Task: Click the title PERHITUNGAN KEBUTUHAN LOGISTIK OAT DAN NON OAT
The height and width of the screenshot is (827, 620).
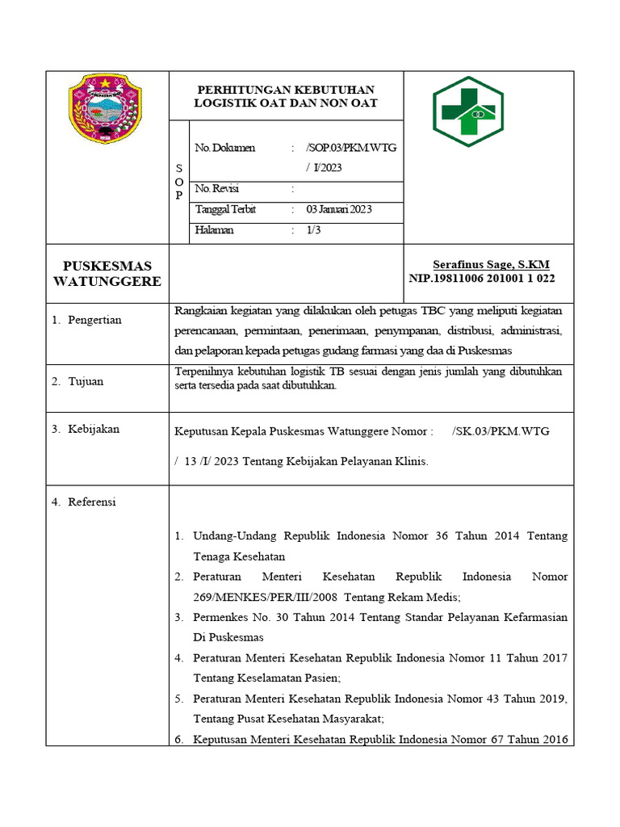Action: point(286,97)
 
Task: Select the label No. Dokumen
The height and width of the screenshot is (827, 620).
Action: point(225,148)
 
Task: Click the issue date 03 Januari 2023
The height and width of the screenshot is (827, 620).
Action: point(339,209)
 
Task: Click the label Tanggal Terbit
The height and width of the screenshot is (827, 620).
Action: point(226,209)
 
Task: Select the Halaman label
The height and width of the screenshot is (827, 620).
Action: point(215,230)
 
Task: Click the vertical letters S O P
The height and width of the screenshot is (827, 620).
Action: point(178,182)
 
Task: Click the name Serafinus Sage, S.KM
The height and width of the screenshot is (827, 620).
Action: point(491,264)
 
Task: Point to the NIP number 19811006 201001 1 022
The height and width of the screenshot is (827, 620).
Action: point(482,279)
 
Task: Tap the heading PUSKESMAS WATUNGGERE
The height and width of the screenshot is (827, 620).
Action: point(107,274)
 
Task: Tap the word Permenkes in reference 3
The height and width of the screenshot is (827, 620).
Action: point(220,617)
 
